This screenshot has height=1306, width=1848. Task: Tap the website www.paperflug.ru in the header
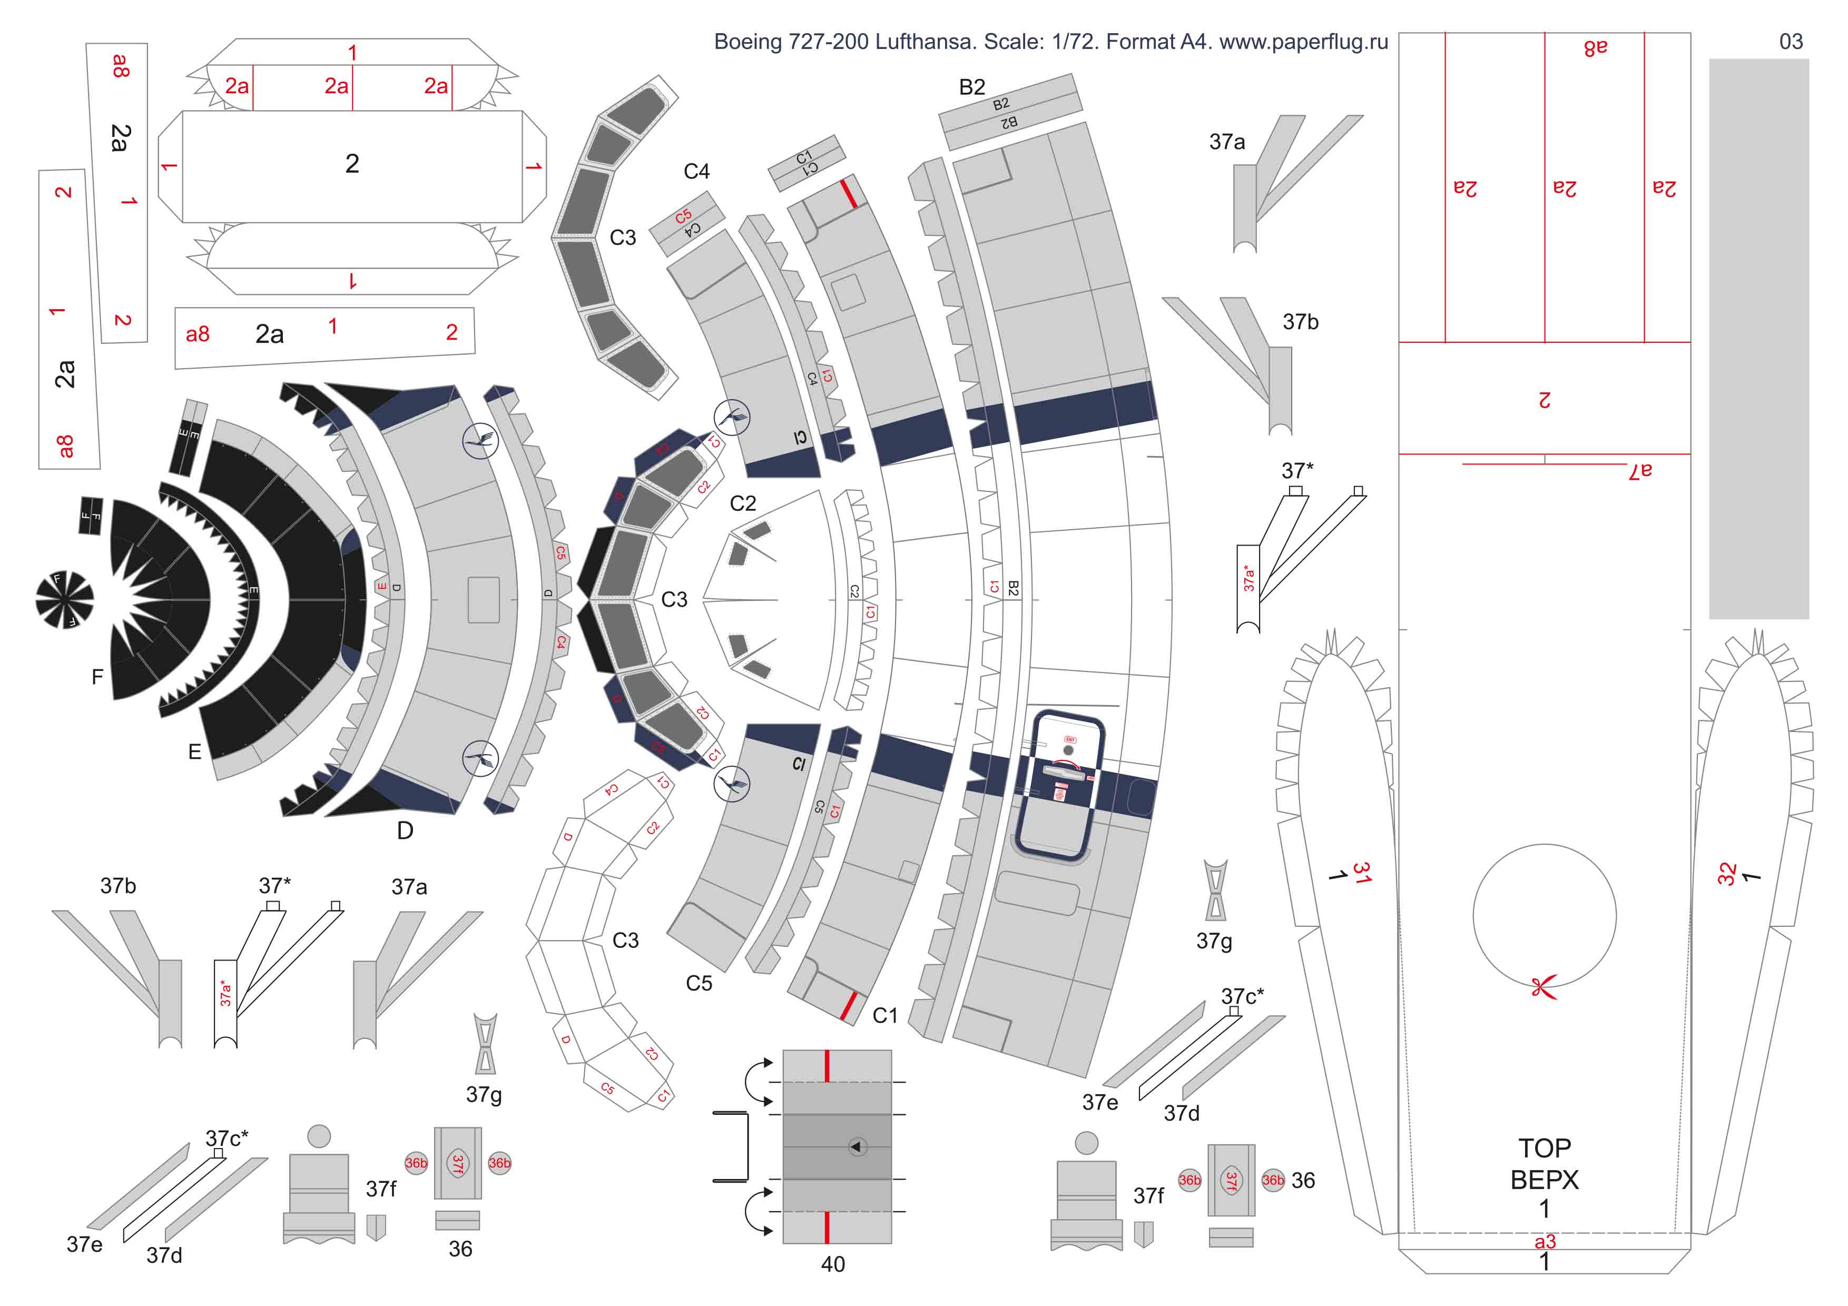(1303, 42)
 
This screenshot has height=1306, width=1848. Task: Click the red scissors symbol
(1544, 986)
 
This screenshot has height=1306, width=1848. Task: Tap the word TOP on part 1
(1544, 1147)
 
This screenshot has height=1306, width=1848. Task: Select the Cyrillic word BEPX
(1544, 1180)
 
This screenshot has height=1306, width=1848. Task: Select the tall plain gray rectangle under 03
(1758, 338)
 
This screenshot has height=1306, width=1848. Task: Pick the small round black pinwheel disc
(64, 599)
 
